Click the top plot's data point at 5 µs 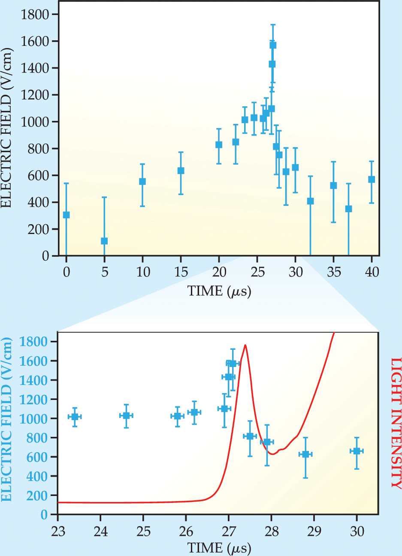coord(104,241)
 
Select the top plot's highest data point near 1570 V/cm coord(273,45)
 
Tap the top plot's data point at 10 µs coord(142,181)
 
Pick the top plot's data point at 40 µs coord(372,179)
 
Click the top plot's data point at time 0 coord(66,215)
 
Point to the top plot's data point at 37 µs coord(348,209)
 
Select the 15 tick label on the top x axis coord(181,272)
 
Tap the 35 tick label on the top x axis coord(333,272)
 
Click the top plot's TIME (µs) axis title coord(219,292)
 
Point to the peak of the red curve coord(245,345)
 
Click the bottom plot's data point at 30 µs coord(357,451)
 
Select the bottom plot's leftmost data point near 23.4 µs coord(75,417)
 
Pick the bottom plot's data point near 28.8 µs coord(305,454)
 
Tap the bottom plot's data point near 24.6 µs coord(126,415)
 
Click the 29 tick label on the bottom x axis coord(314,532)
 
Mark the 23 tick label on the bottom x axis coord(58,532)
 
